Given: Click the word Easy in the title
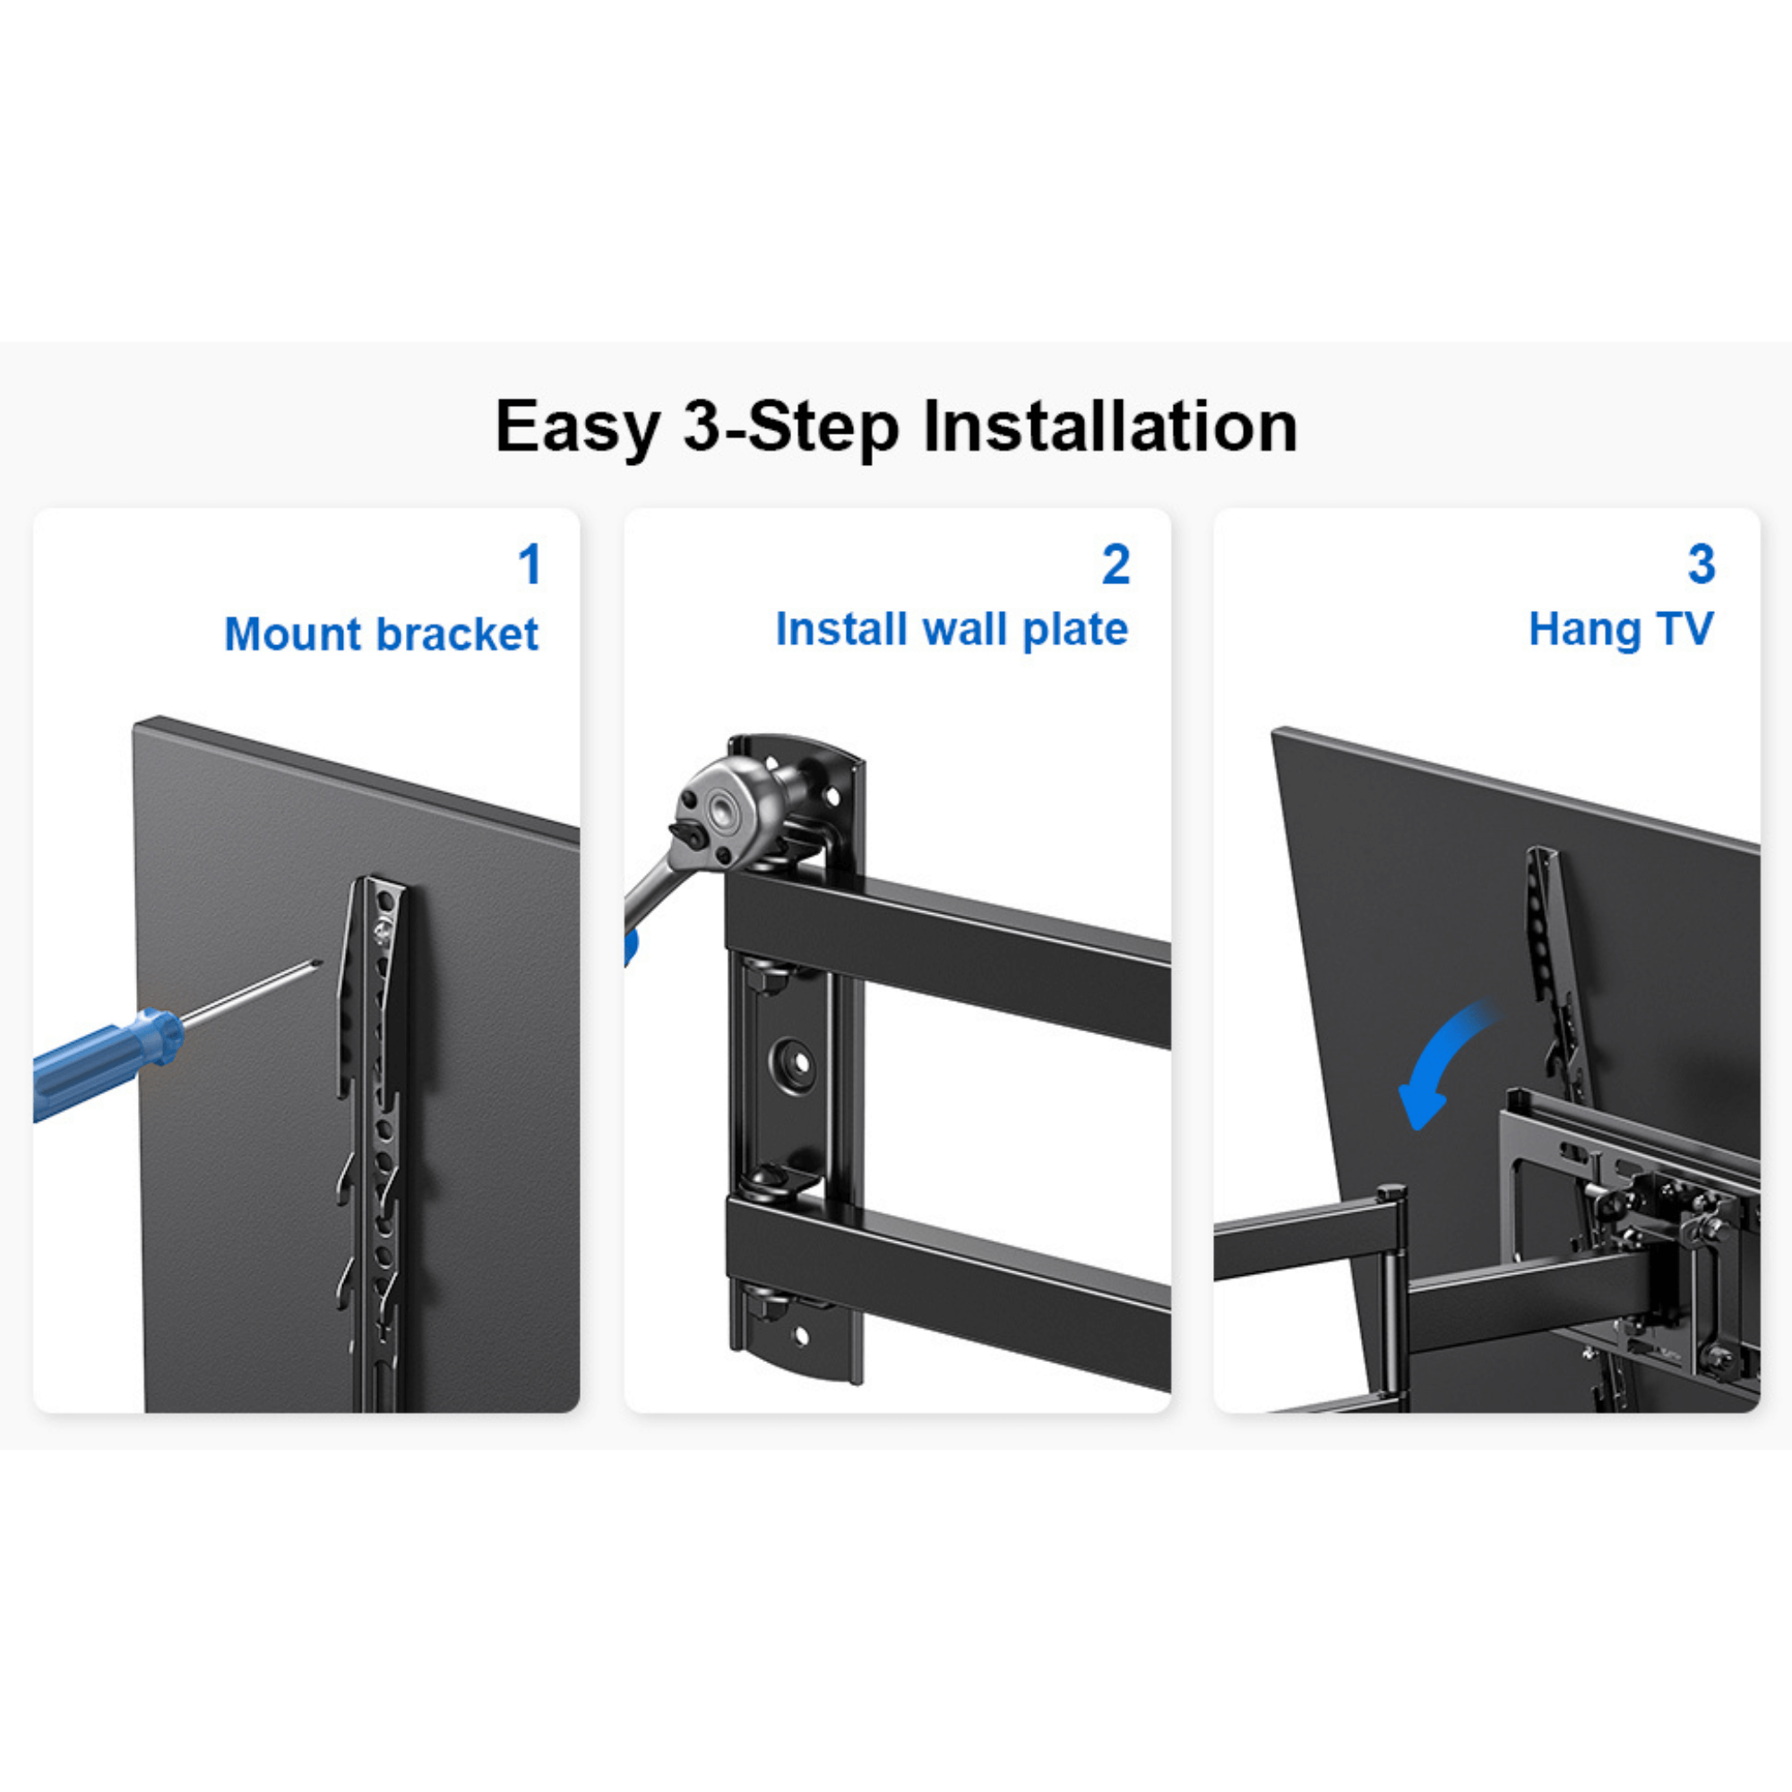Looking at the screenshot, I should coord(577,427).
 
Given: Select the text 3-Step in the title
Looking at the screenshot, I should coord(791,427).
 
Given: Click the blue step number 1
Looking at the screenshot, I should coord(530,564).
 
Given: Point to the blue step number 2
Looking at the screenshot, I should coord(1116,564).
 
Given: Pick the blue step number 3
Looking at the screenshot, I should coord(1702,564).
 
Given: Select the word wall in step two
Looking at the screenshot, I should coord(968,629).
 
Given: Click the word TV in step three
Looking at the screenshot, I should coord(1684,629).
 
